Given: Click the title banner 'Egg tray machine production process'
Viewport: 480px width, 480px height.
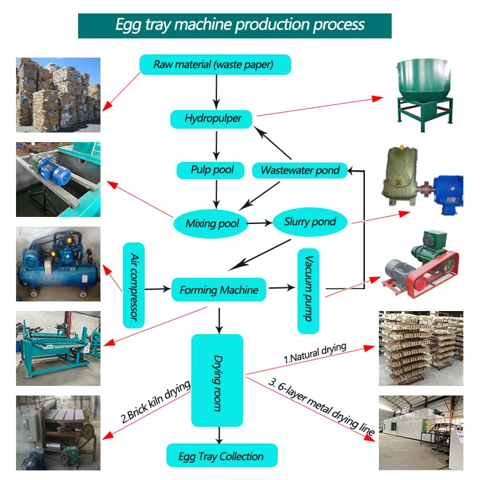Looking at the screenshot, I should click(240, 25).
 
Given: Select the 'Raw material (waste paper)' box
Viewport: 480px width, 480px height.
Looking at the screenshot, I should click(215, 64).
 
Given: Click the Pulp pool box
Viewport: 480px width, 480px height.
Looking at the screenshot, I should click(212, 170).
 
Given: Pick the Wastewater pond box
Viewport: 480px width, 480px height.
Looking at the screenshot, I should click(300, 170).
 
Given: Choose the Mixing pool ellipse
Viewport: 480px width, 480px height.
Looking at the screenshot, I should click(212, 223).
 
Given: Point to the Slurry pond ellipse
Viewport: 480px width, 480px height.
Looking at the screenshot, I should click(310, 222).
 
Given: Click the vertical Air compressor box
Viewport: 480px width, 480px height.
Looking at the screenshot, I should click(134, 285).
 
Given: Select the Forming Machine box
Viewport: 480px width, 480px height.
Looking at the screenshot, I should click(218, 290).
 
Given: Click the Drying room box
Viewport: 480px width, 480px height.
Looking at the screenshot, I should click(218, 380).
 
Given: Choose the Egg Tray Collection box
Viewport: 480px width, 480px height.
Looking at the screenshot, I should click(222, 456).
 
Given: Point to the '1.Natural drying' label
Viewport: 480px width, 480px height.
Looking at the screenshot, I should click(314, 353).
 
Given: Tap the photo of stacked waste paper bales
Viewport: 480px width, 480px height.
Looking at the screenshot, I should click(58, 91).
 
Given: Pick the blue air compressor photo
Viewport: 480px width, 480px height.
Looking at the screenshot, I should click(58, 264).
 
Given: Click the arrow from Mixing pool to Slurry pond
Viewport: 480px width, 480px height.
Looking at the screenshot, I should click(259, 223).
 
